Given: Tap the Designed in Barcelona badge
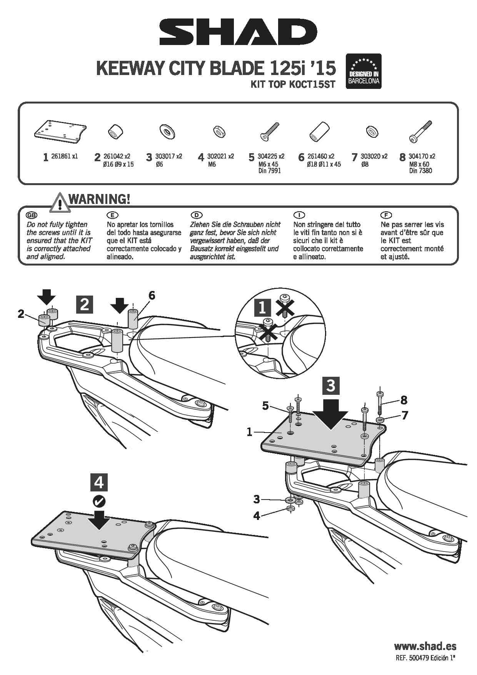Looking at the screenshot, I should [364, 71].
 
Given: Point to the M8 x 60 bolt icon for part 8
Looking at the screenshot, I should [420, 132].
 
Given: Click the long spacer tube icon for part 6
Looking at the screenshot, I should [320, 132].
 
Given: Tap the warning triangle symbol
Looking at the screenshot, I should [59, 203].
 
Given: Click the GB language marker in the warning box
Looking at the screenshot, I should [31, 215].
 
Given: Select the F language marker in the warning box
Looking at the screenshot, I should [385, 215].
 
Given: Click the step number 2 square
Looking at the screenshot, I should [85, 304].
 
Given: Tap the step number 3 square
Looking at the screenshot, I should [330, 385].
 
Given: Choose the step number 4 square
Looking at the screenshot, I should [99, 483].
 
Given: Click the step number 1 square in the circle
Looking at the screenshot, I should [262, 308].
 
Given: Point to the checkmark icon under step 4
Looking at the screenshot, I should [99, 501].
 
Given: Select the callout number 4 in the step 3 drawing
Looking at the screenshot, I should [257, 516].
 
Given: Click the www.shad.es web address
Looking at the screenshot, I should [425, 646].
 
